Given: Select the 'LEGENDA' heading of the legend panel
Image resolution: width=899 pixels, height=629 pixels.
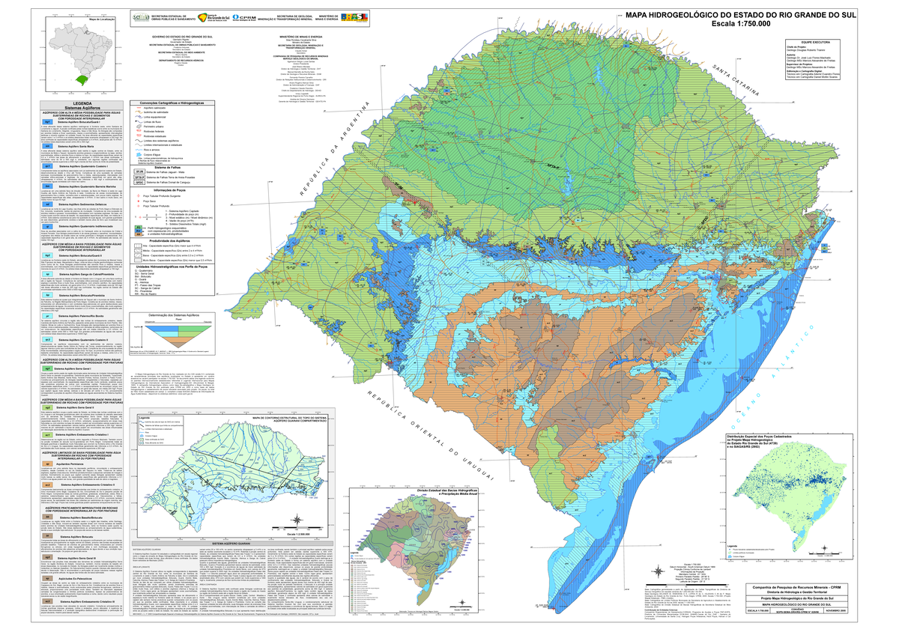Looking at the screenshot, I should (78, 103).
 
